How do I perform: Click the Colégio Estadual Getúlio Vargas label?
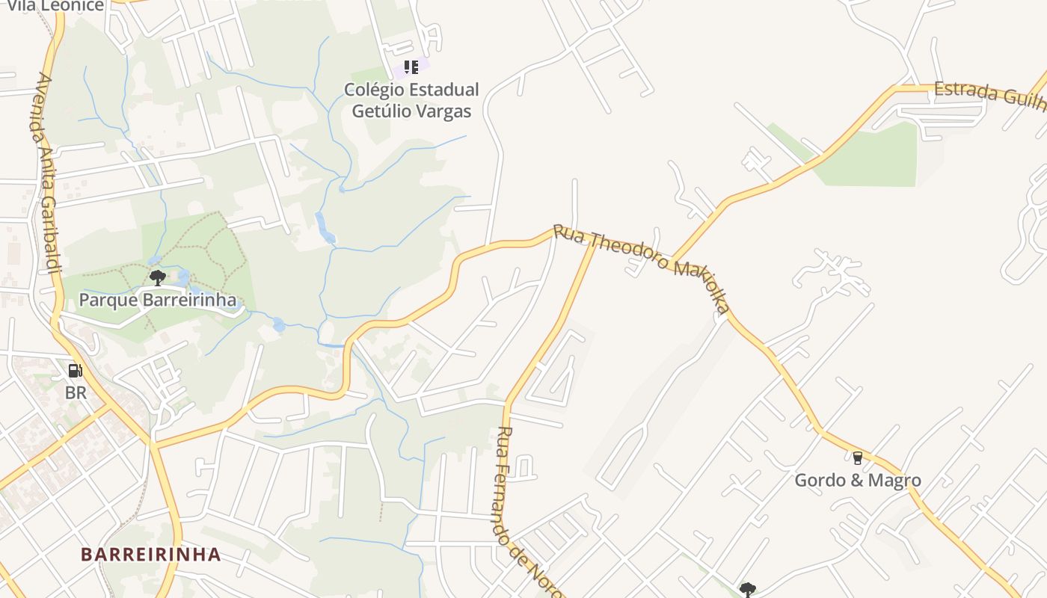pos(411,100)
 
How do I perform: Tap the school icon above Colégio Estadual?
pos(411,67)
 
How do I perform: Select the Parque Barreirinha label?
pos(158,300)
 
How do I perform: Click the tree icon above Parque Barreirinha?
pos(157,278)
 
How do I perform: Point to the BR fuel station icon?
pos(76,370)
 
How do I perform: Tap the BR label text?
pos(76,392)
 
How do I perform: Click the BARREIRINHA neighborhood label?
pos(151,555)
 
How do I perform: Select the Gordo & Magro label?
pos(857,480)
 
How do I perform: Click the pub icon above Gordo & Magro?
pos(857,457)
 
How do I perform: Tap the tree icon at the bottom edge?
pos(747,590)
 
